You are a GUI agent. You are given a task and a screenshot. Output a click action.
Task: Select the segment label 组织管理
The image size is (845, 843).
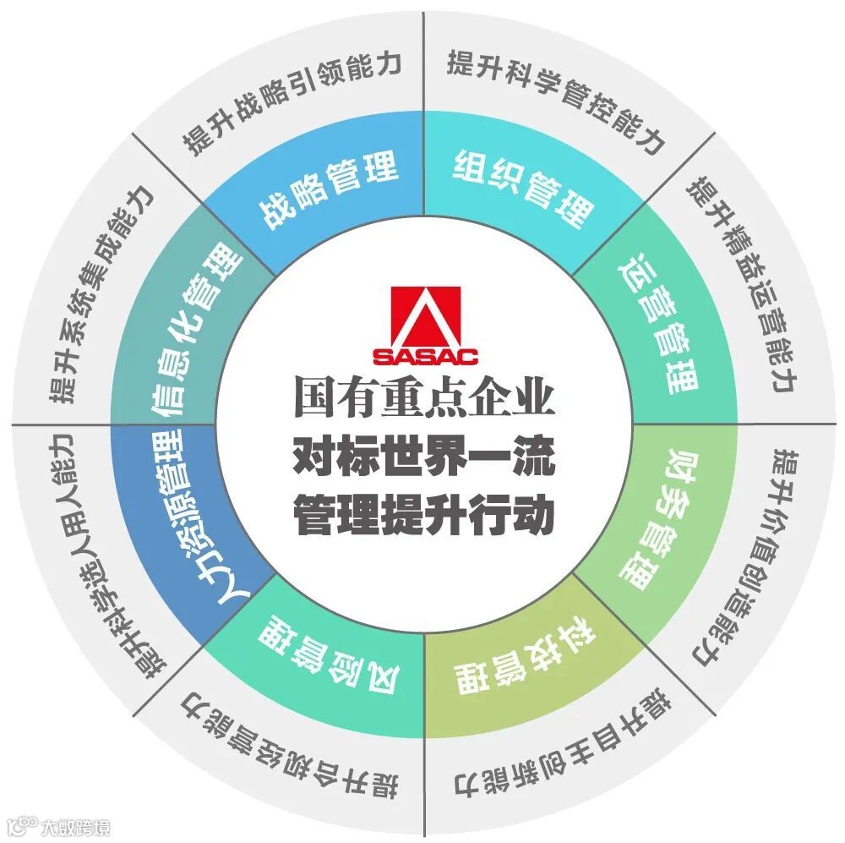[523, 178]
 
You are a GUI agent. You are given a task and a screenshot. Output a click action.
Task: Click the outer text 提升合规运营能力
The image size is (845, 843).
[287, 744]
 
